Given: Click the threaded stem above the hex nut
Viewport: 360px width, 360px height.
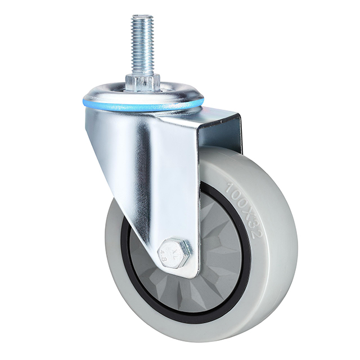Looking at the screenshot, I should point(142,45).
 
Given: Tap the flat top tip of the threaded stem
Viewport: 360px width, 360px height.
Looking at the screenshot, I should point(142,17).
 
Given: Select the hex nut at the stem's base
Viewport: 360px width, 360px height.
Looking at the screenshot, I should point(142,83).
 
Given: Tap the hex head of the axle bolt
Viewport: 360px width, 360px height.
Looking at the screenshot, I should point(175,249).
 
